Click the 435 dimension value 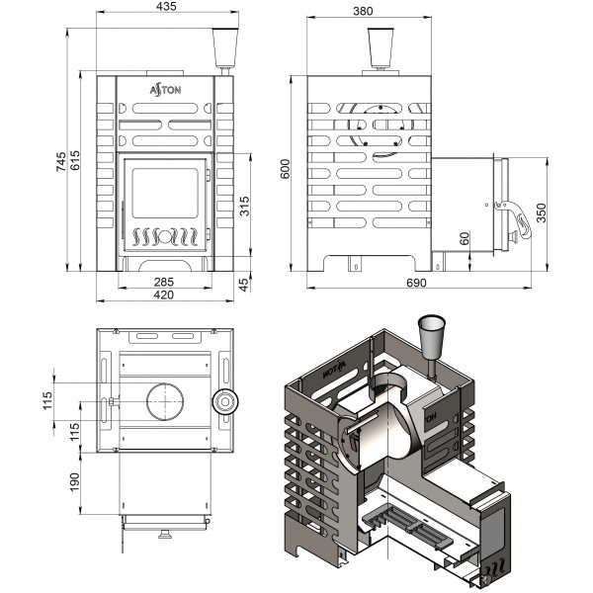[166, 7]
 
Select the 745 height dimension [61, 161]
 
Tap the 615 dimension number [74, 160]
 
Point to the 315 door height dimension [245, 207]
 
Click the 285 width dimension [164, 282]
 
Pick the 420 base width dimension [164, 295]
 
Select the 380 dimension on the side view [363, 11]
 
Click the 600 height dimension [286, 169]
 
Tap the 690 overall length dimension [416, 283]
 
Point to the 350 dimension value [542, 212]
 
